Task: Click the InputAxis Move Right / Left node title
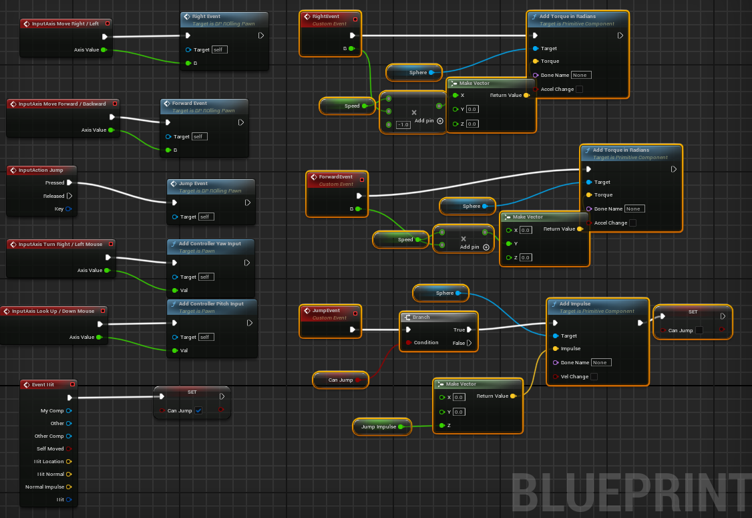click(65, 23)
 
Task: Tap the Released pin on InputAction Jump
click(69, 196)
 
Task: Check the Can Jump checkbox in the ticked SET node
click(198, 410)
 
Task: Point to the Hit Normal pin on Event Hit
click(69, 474)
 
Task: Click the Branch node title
click(421, 317)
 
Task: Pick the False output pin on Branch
click(469, 343)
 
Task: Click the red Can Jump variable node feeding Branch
click(341, 380)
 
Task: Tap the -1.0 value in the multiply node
click(403, 125)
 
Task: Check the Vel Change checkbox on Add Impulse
click(594, 377)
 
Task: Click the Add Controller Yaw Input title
click(210, 244)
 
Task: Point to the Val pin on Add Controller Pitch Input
click(175, 350)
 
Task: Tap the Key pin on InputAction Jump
click(68, 209)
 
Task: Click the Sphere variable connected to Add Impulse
click(441, 293)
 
